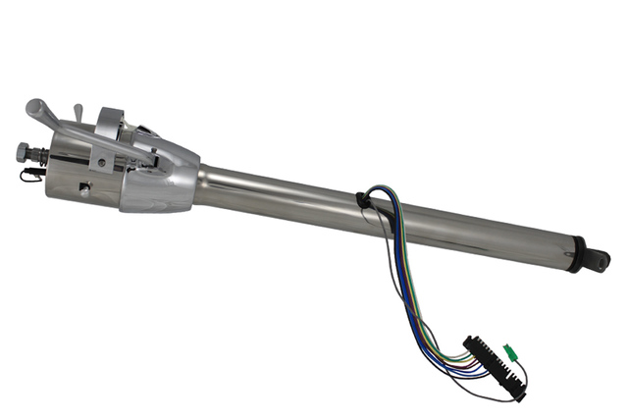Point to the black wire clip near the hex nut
pos(28,175)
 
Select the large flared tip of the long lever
pos(38,107)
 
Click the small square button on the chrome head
pos(84,188)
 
